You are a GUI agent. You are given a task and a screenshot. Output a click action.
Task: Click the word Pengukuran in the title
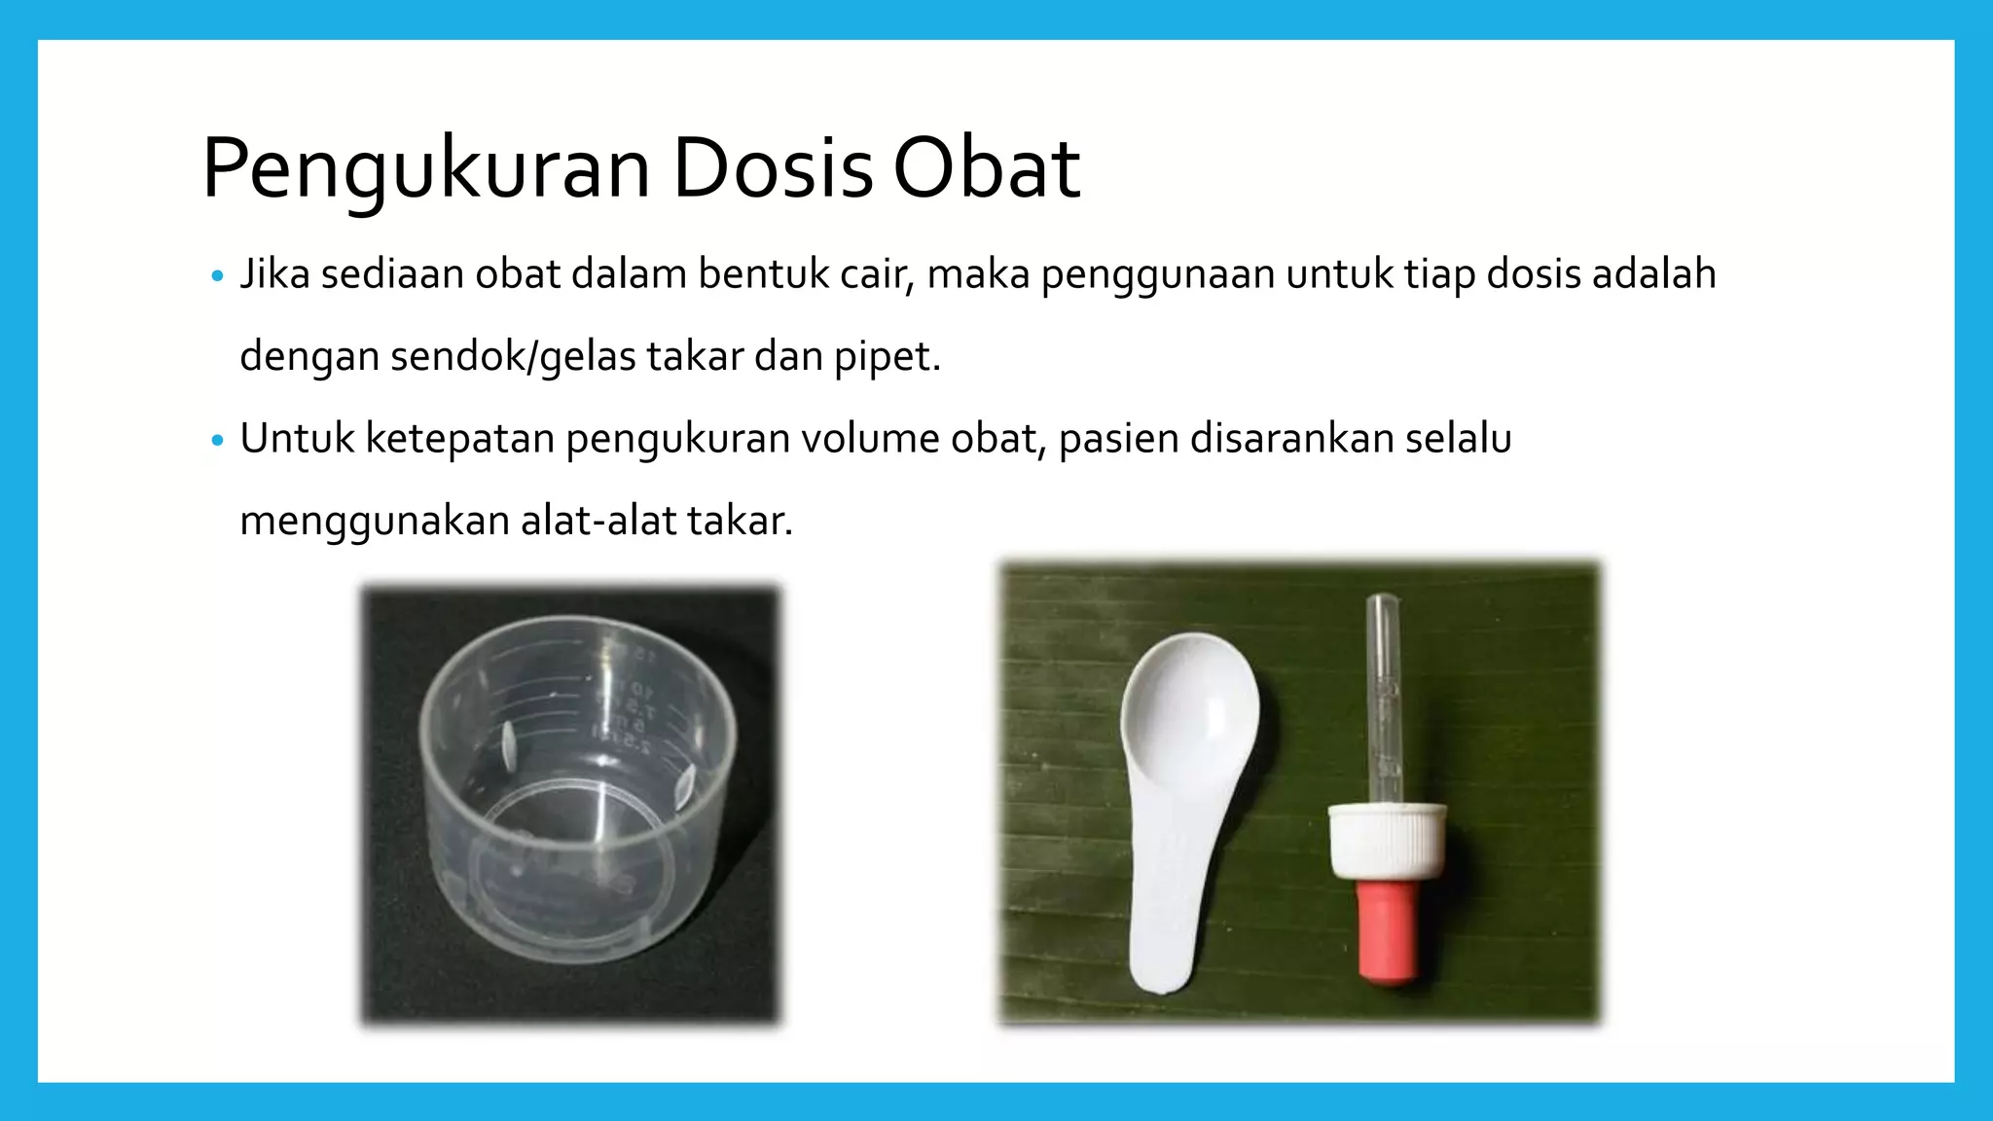tap(426, 169)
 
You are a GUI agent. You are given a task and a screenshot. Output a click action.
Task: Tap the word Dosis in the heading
tap(772, 169)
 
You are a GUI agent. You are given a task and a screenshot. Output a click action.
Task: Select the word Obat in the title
tap(986, 169)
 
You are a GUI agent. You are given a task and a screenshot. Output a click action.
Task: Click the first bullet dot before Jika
tap(217, 276)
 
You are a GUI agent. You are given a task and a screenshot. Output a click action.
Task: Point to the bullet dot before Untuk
tap(217, 441)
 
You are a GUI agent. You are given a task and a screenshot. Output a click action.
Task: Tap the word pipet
tap(887, 357)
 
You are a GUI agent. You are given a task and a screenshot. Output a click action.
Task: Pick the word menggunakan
tap(374, 522)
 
